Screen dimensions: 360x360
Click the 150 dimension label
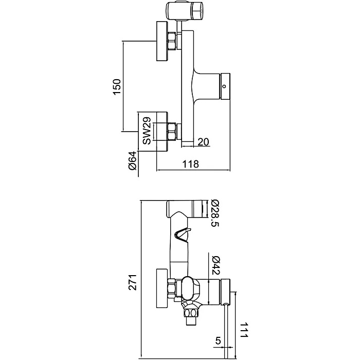(x=117, y=86)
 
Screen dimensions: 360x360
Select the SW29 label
(x=147, y=131)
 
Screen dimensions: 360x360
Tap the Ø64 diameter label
(x=132, y=163)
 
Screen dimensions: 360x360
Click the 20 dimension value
(x=203, y=142)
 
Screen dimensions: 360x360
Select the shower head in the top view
(x=187, y=10)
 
